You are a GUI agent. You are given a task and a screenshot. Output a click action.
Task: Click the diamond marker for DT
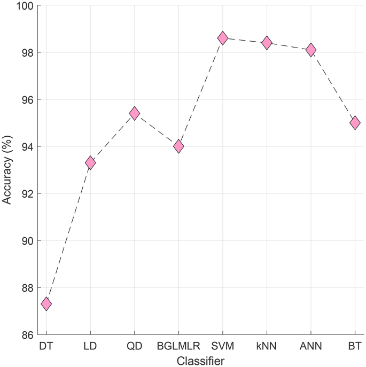click(46, 304)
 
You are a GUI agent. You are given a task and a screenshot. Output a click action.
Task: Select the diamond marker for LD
click(90, 163)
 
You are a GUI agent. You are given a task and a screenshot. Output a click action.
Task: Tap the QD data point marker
click(135, 113)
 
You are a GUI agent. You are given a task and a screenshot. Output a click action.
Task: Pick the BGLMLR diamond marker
click(178, 146)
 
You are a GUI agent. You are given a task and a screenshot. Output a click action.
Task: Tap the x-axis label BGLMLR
click(178, 346)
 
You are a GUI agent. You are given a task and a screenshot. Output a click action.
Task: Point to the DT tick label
click(46, 346)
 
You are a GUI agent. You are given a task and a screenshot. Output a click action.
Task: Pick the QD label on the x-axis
click(135, 346)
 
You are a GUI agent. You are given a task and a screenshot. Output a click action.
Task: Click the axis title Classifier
click(200, 360)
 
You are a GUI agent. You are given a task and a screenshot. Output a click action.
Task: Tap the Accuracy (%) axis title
click(7, 170)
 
